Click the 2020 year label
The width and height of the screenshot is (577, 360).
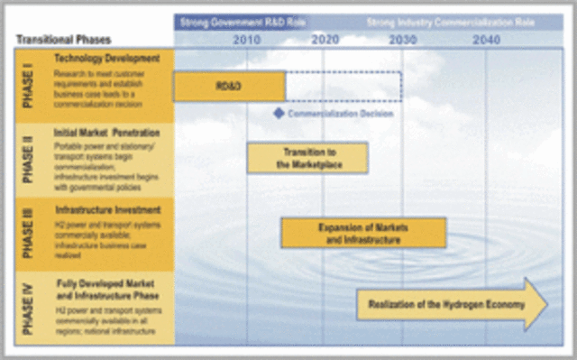click(325, 40)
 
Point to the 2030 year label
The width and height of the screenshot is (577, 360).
click(402, 40)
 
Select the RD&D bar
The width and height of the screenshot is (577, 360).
click(230, 87)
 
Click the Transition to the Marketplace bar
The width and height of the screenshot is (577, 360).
click(307, 158)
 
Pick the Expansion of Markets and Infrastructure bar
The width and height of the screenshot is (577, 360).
click(363, 233)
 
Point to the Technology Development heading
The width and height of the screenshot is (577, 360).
click(113, 59)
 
